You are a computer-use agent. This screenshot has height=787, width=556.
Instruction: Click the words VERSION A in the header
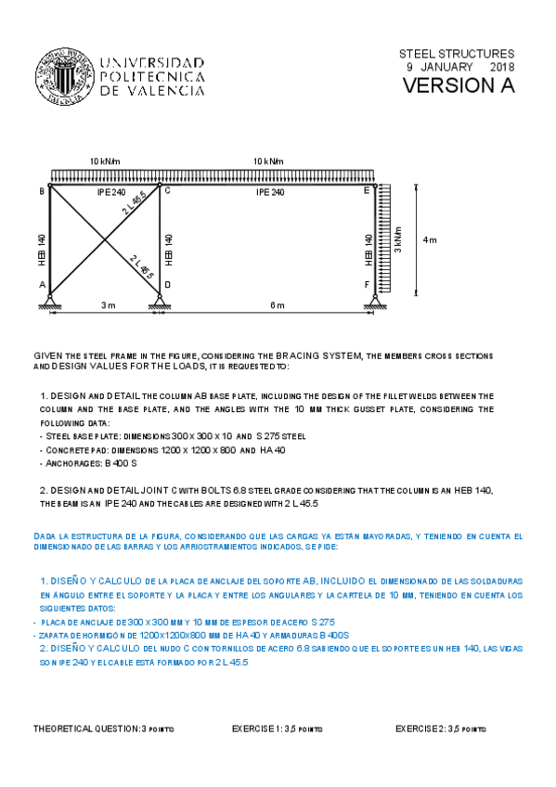coord(458,86)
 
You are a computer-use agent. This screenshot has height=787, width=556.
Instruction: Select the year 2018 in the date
coord(501,68)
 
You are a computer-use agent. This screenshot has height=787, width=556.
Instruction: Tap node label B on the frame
coord(42,191)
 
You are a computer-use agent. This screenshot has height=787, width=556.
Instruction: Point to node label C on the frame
coord(167,190)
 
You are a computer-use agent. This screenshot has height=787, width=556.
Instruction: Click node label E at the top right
coord(368,190)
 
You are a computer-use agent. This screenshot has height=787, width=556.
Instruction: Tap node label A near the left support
coord(42,285)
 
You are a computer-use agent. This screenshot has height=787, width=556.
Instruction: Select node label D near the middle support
coord(167,285)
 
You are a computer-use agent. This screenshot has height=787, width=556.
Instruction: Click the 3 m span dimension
coord(108,304)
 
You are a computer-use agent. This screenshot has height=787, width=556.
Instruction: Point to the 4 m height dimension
coord(430,239)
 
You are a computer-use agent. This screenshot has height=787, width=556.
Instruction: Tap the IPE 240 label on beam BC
coord(110,192)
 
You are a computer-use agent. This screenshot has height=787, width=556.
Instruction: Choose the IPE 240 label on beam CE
coord(270,192)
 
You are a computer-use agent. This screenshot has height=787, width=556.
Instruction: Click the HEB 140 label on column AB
coord(42,245)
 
